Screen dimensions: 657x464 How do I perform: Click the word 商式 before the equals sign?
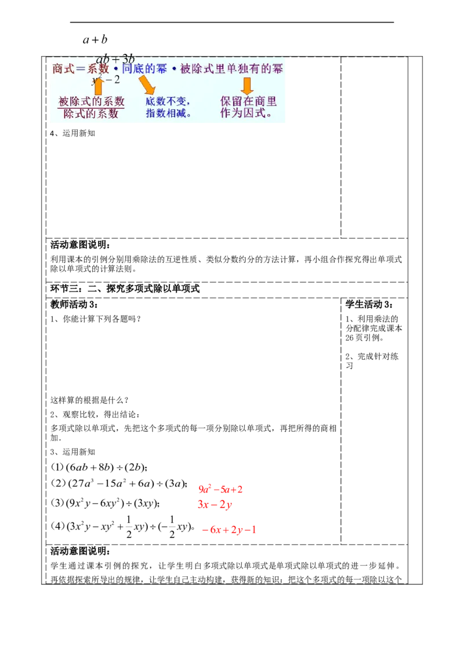[x=61, y=69]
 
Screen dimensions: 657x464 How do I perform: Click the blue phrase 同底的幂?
[x=145, y=69]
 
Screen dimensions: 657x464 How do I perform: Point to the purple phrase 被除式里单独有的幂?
[x=232, y=69]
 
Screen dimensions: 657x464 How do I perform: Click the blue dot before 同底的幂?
[x=116, y=69]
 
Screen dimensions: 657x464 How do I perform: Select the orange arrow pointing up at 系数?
[x=97, y=86]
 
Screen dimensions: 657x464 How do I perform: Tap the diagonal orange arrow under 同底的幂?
[x=146, y=85]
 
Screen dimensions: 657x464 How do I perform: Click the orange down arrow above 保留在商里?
[x=247, y=86]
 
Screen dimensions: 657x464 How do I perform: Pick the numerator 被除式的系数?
[x=92, y=102]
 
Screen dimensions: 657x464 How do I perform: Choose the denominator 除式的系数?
[x=92, y=114]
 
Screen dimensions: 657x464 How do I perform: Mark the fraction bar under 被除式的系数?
[x=92, y=108]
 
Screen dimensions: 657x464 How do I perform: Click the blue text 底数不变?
[x=168, y=102]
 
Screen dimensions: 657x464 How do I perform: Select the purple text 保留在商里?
[x=248, y=102]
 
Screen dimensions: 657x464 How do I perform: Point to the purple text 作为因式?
[x=246, y=114]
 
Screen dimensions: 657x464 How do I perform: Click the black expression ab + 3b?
[x=115, y=59]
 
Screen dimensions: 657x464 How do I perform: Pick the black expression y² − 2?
[x=106, y=79]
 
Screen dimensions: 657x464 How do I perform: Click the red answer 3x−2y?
[x=214, y=505]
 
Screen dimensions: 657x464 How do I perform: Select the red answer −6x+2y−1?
[x=229, y=530]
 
